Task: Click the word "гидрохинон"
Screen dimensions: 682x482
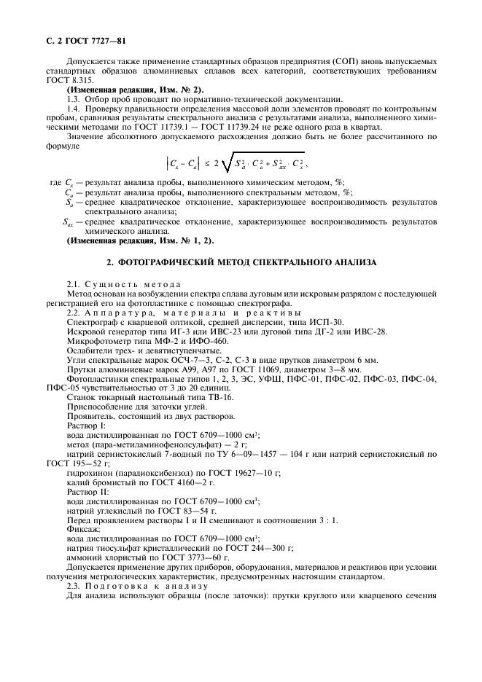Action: [x=90, y=472]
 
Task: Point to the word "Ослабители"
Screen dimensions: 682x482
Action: [x=90, y=350]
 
